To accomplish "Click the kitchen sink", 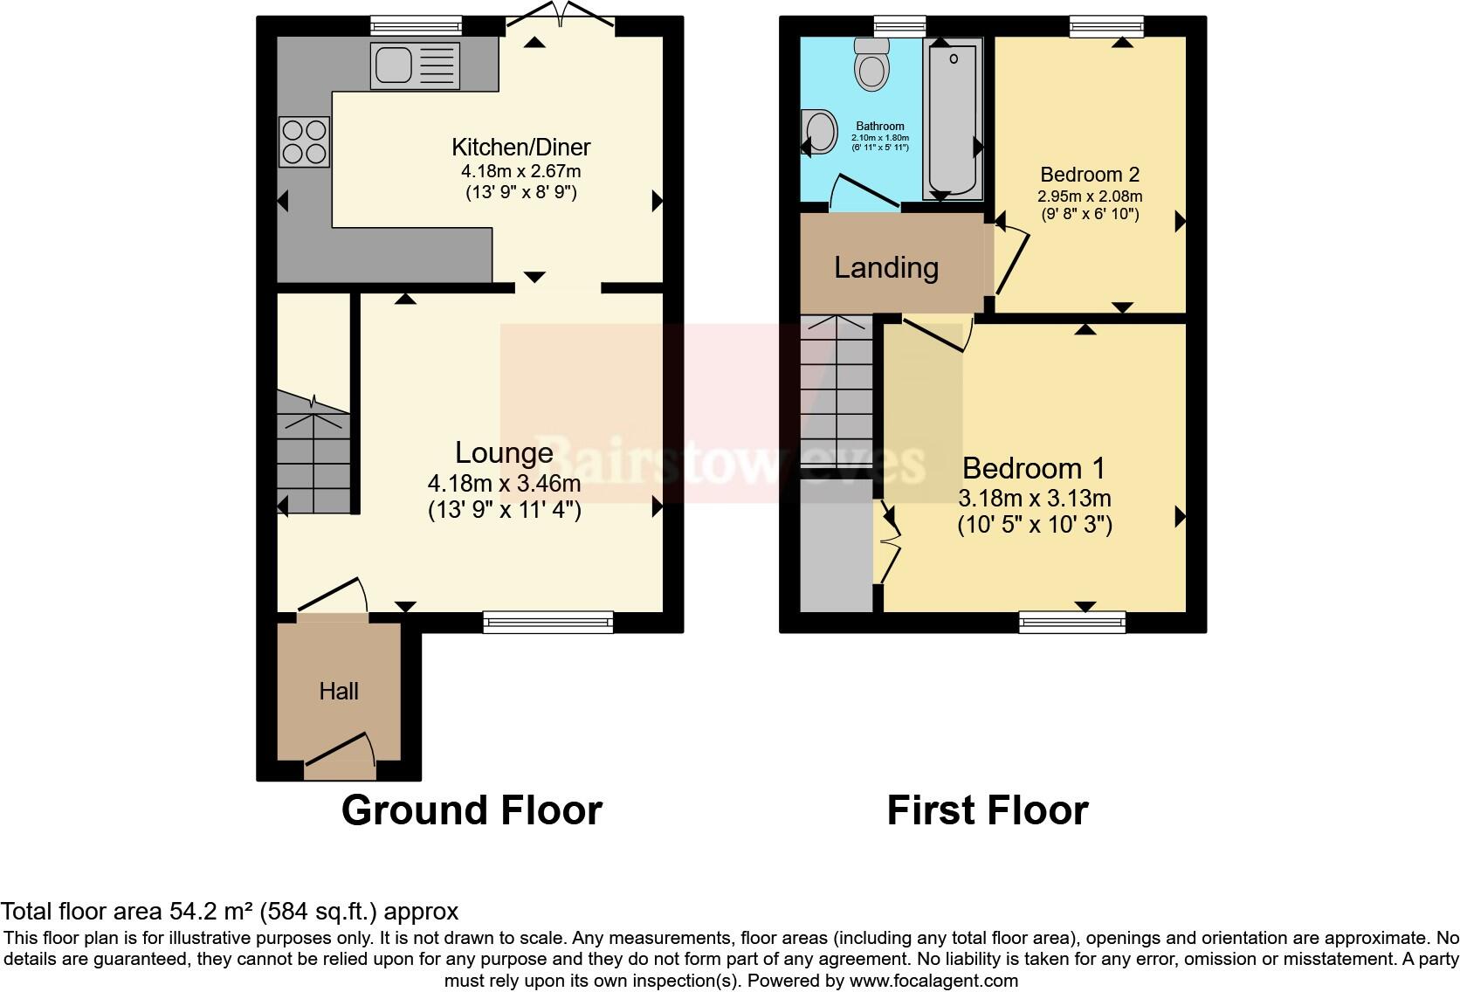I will (414, 65).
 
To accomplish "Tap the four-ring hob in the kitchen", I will (305, 141).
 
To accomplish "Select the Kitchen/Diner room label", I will (520, 147).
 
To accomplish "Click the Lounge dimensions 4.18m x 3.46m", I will (504, 483).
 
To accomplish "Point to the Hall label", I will (339, 692).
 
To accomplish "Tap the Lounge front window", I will (547, 622).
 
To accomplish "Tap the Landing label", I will (885, 267).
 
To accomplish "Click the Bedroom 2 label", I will (1089, 175).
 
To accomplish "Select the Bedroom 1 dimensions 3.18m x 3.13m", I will (1034, 499).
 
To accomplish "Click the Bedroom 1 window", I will (1071, 622).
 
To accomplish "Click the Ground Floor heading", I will (472, 810).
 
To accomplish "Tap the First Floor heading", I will (987, 810).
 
